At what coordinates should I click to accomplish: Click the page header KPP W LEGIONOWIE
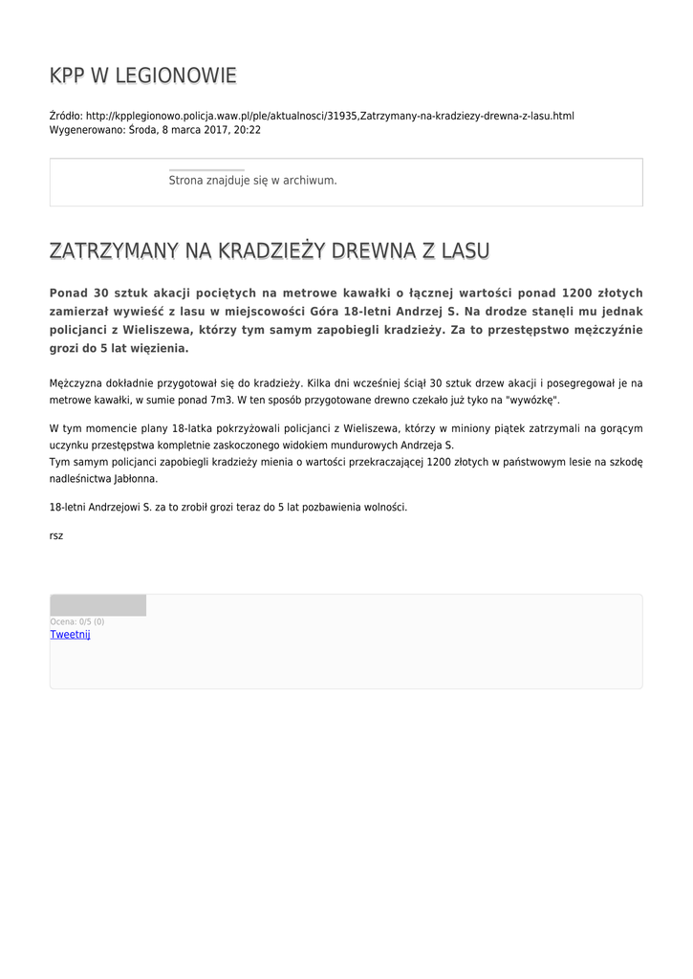click(x=143, y=76)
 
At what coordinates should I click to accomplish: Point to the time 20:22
click(x=248, y=130)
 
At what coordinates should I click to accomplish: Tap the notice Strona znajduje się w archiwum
click(x=252, y=180)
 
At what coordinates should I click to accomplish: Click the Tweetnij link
click(x=70, y=635)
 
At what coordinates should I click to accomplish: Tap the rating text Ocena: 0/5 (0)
click(x=77, y=621)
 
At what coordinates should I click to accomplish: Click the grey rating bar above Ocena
click(x=97, y=605)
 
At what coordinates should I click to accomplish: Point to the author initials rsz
click(x=56, y=535)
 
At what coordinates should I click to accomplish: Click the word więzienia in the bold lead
click(x=154, y=348)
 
